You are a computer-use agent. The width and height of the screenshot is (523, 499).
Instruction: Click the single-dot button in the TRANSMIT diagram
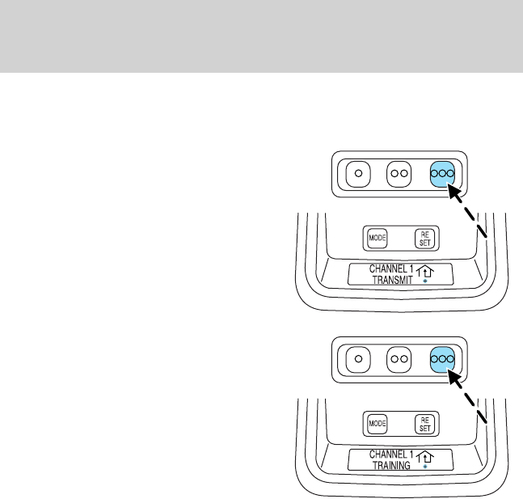(362, 172)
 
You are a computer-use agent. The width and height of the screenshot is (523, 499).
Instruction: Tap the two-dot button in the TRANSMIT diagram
(401, 172)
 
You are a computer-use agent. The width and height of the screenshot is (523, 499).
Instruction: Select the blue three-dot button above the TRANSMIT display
(443, 172)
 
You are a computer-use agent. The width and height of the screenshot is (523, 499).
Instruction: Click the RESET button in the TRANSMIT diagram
(424, 238)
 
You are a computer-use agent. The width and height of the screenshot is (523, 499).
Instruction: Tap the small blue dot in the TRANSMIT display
(425, 283)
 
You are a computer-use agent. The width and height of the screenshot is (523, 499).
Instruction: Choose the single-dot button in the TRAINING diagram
(362, 357)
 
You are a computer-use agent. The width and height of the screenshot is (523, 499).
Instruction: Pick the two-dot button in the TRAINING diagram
(401, 357)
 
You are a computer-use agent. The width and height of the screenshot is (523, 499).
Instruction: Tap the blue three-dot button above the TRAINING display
(443, 357)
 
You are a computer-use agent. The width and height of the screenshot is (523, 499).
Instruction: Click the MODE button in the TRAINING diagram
(377, 422)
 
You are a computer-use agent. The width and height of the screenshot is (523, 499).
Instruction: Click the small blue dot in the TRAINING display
(425, 467)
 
